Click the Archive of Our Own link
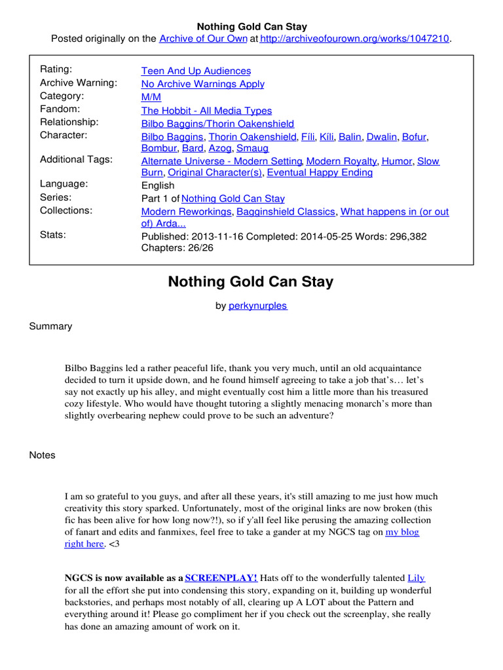[x=203, y=39]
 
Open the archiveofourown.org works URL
[x=355, y=39]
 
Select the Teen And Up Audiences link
[x=196, y=71]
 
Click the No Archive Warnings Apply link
[x=203, y=84]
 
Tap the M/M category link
[x=151, y=97]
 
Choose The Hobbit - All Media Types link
[x=206, y=111]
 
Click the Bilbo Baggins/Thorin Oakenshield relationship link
[x=217, y=124]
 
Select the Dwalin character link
[x=381, y=137]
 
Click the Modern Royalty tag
[x=341, y=161]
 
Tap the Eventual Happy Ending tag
[x=320, y=173]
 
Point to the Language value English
[x=158, y=185]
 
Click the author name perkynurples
[x=257, y=306]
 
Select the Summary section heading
[x=50, y=326]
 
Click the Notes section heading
[x=42, y=455]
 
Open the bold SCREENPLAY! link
[x=221, y=578]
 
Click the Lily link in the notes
[x=416, y=578]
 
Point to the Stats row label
[x=53, y=234]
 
